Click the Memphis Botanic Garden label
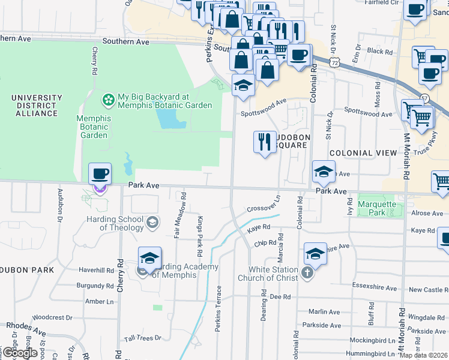94,127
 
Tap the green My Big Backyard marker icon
109,98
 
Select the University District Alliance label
37,105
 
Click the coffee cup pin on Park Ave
100,175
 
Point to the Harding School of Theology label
122,223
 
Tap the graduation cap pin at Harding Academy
149,259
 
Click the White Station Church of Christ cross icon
307,274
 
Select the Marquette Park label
378,208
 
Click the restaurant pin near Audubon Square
265,143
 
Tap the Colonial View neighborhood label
363,153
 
